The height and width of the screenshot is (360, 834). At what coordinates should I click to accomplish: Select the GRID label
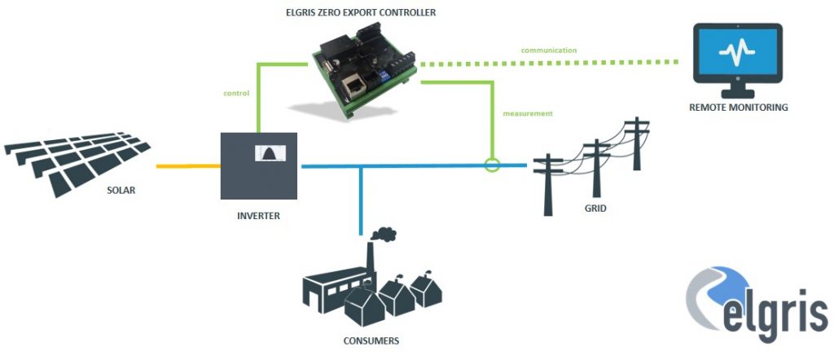point(595,209)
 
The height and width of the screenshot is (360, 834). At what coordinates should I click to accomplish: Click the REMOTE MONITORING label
point(739,107)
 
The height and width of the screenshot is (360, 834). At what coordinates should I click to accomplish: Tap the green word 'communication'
point(549,50)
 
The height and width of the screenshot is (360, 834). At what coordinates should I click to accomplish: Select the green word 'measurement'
point(529,113)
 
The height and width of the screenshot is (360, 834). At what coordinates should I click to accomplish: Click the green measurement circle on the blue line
point(491,165)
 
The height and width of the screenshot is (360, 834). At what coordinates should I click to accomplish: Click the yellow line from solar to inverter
point(187,166)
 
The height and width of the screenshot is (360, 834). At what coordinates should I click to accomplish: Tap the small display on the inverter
point(266,153)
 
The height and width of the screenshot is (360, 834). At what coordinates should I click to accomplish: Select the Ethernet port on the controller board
point(356,85)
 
